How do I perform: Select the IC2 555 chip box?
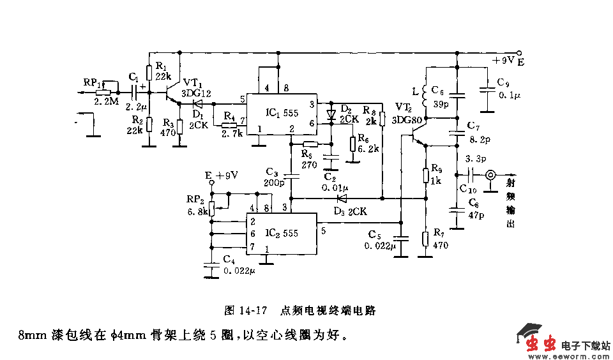(x=281, y=234)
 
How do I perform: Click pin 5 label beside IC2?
(x=324, y=230)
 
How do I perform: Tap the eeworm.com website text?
(x=577, y=355)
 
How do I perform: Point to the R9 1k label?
(x=436, y=174)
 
